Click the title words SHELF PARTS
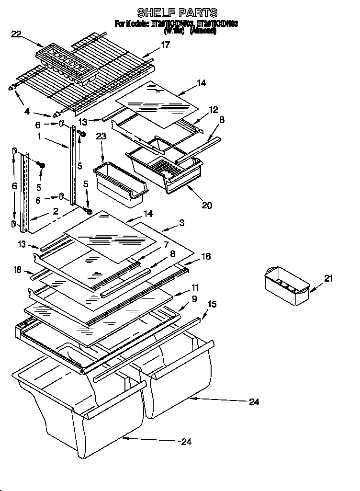coord(177,12)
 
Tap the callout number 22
coord(16,34)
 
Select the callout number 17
coord(165,45)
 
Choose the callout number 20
coord(207,205)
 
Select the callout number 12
coord(213,110)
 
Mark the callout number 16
coord(205,257)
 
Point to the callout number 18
coord(18,271)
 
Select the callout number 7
coord(166,244)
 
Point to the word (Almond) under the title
coord(203,31)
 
